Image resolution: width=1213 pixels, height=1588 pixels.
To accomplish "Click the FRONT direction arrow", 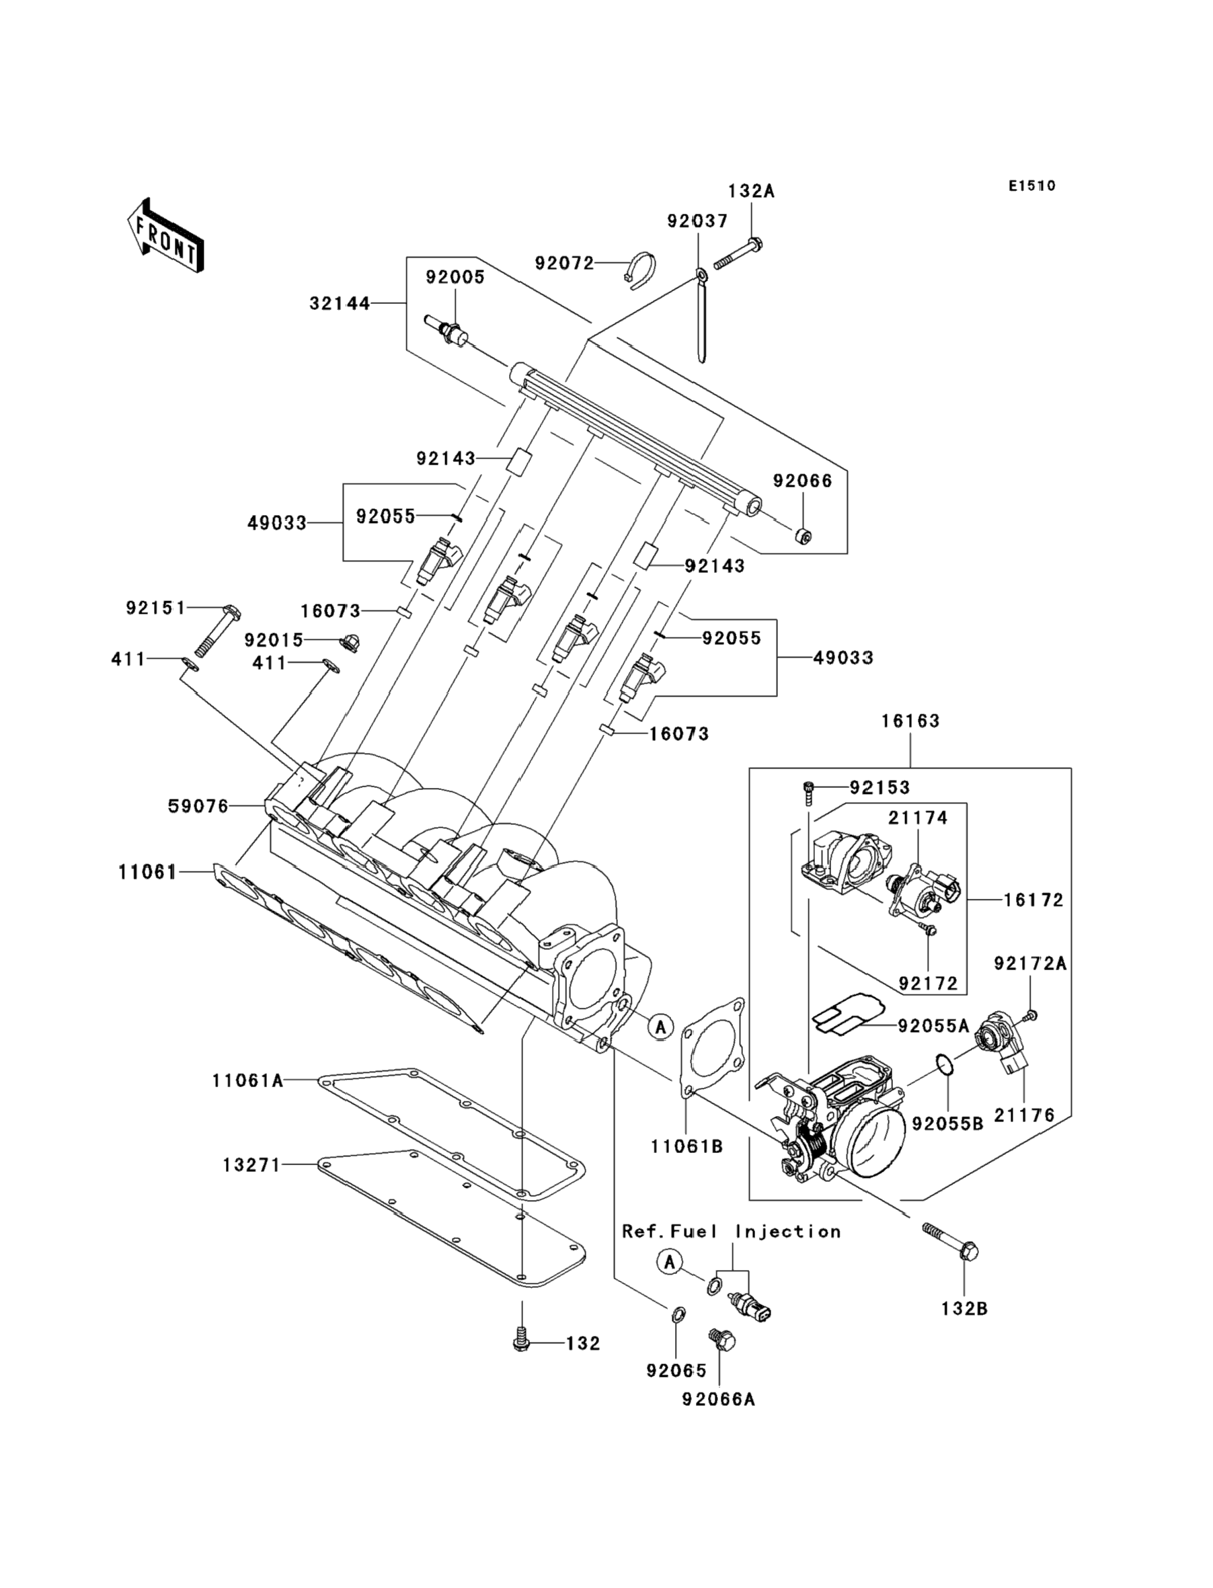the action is tap(165, 236).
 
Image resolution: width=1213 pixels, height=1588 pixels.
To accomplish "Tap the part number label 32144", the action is tap(340, 304).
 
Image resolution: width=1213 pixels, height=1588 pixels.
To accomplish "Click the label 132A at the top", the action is tap(751, 192).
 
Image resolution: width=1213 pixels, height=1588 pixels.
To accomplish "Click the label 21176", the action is tap(1025, 1115).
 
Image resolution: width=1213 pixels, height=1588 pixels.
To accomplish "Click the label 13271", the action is tap(251, 1165).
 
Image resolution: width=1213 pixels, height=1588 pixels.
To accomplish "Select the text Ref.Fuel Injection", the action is tap(732, 1232).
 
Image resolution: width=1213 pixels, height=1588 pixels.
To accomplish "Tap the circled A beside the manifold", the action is tap(660, 1026).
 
